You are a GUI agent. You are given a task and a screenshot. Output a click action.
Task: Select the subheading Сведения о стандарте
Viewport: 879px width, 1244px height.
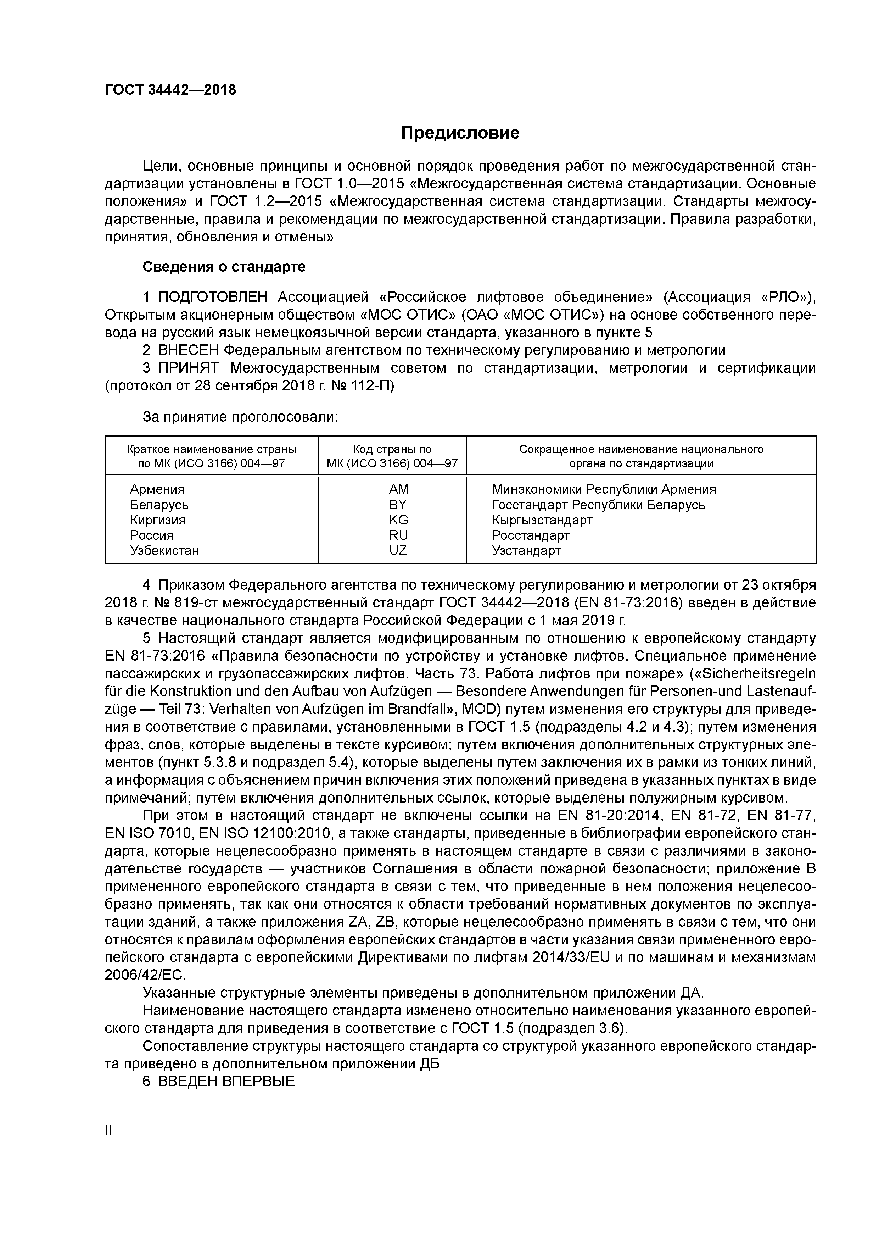click(224, 267)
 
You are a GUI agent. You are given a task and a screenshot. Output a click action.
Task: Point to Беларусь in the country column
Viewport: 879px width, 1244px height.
click(159, 504)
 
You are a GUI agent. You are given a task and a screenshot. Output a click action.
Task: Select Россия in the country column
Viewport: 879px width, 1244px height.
click(152, 535)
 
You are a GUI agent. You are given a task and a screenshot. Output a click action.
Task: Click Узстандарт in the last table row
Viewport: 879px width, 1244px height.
click(526, 550)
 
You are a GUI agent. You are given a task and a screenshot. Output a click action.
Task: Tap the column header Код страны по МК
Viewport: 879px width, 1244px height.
click(392, 456)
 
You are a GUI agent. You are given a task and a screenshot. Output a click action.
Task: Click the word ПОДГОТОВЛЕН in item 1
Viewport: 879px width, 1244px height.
click(213, 297)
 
